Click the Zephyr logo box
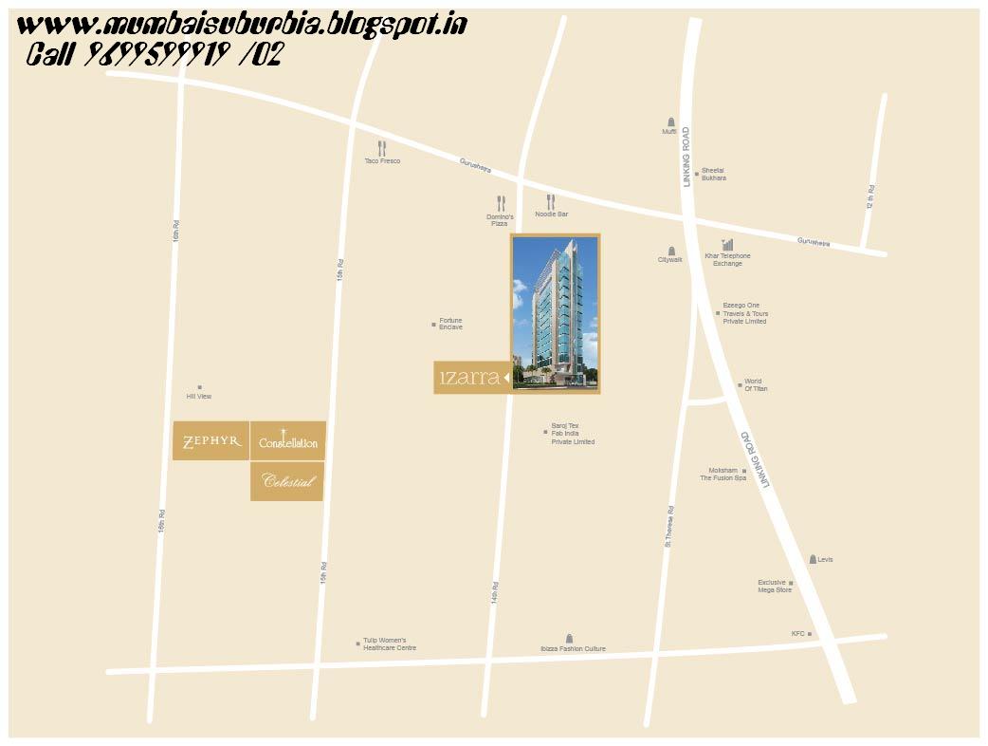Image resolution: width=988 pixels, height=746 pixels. point(210,440)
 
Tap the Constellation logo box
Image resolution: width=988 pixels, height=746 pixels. point(287,441)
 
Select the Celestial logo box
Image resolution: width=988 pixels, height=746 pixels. point(287,481)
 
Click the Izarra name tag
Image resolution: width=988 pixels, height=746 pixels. point(471,377)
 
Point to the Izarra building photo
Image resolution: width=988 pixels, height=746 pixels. point(555,313)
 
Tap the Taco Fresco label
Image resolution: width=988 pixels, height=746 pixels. point(382,161)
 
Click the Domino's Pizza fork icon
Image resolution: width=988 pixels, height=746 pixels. point(501,203)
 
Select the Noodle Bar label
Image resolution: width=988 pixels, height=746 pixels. point(551,214)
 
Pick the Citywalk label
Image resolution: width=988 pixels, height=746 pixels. point(670,259)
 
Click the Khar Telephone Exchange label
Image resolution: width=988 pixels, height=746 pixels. point(727,259)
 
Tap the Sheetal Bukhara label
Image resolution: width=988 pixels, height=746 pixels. point(713,174)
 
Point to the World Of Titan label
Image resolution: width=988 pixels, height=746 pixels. point(756,385)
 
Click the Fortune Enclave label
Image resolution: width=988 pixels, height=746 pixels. point(450,324)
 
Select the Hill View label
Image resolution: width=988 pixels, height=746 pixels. point(199,396)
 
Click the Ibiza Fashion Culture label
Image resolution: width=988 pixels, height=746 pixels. point(573,649)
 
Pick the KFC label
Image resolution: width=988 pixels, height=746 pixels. point(797,633)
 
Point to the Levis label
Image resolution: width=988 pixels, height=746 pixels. point(825,560)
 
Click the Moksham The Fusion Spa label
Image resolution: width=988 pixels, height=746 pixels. point(723,475)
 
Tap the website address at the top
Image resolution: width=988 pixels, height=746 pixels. point(242,25)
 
